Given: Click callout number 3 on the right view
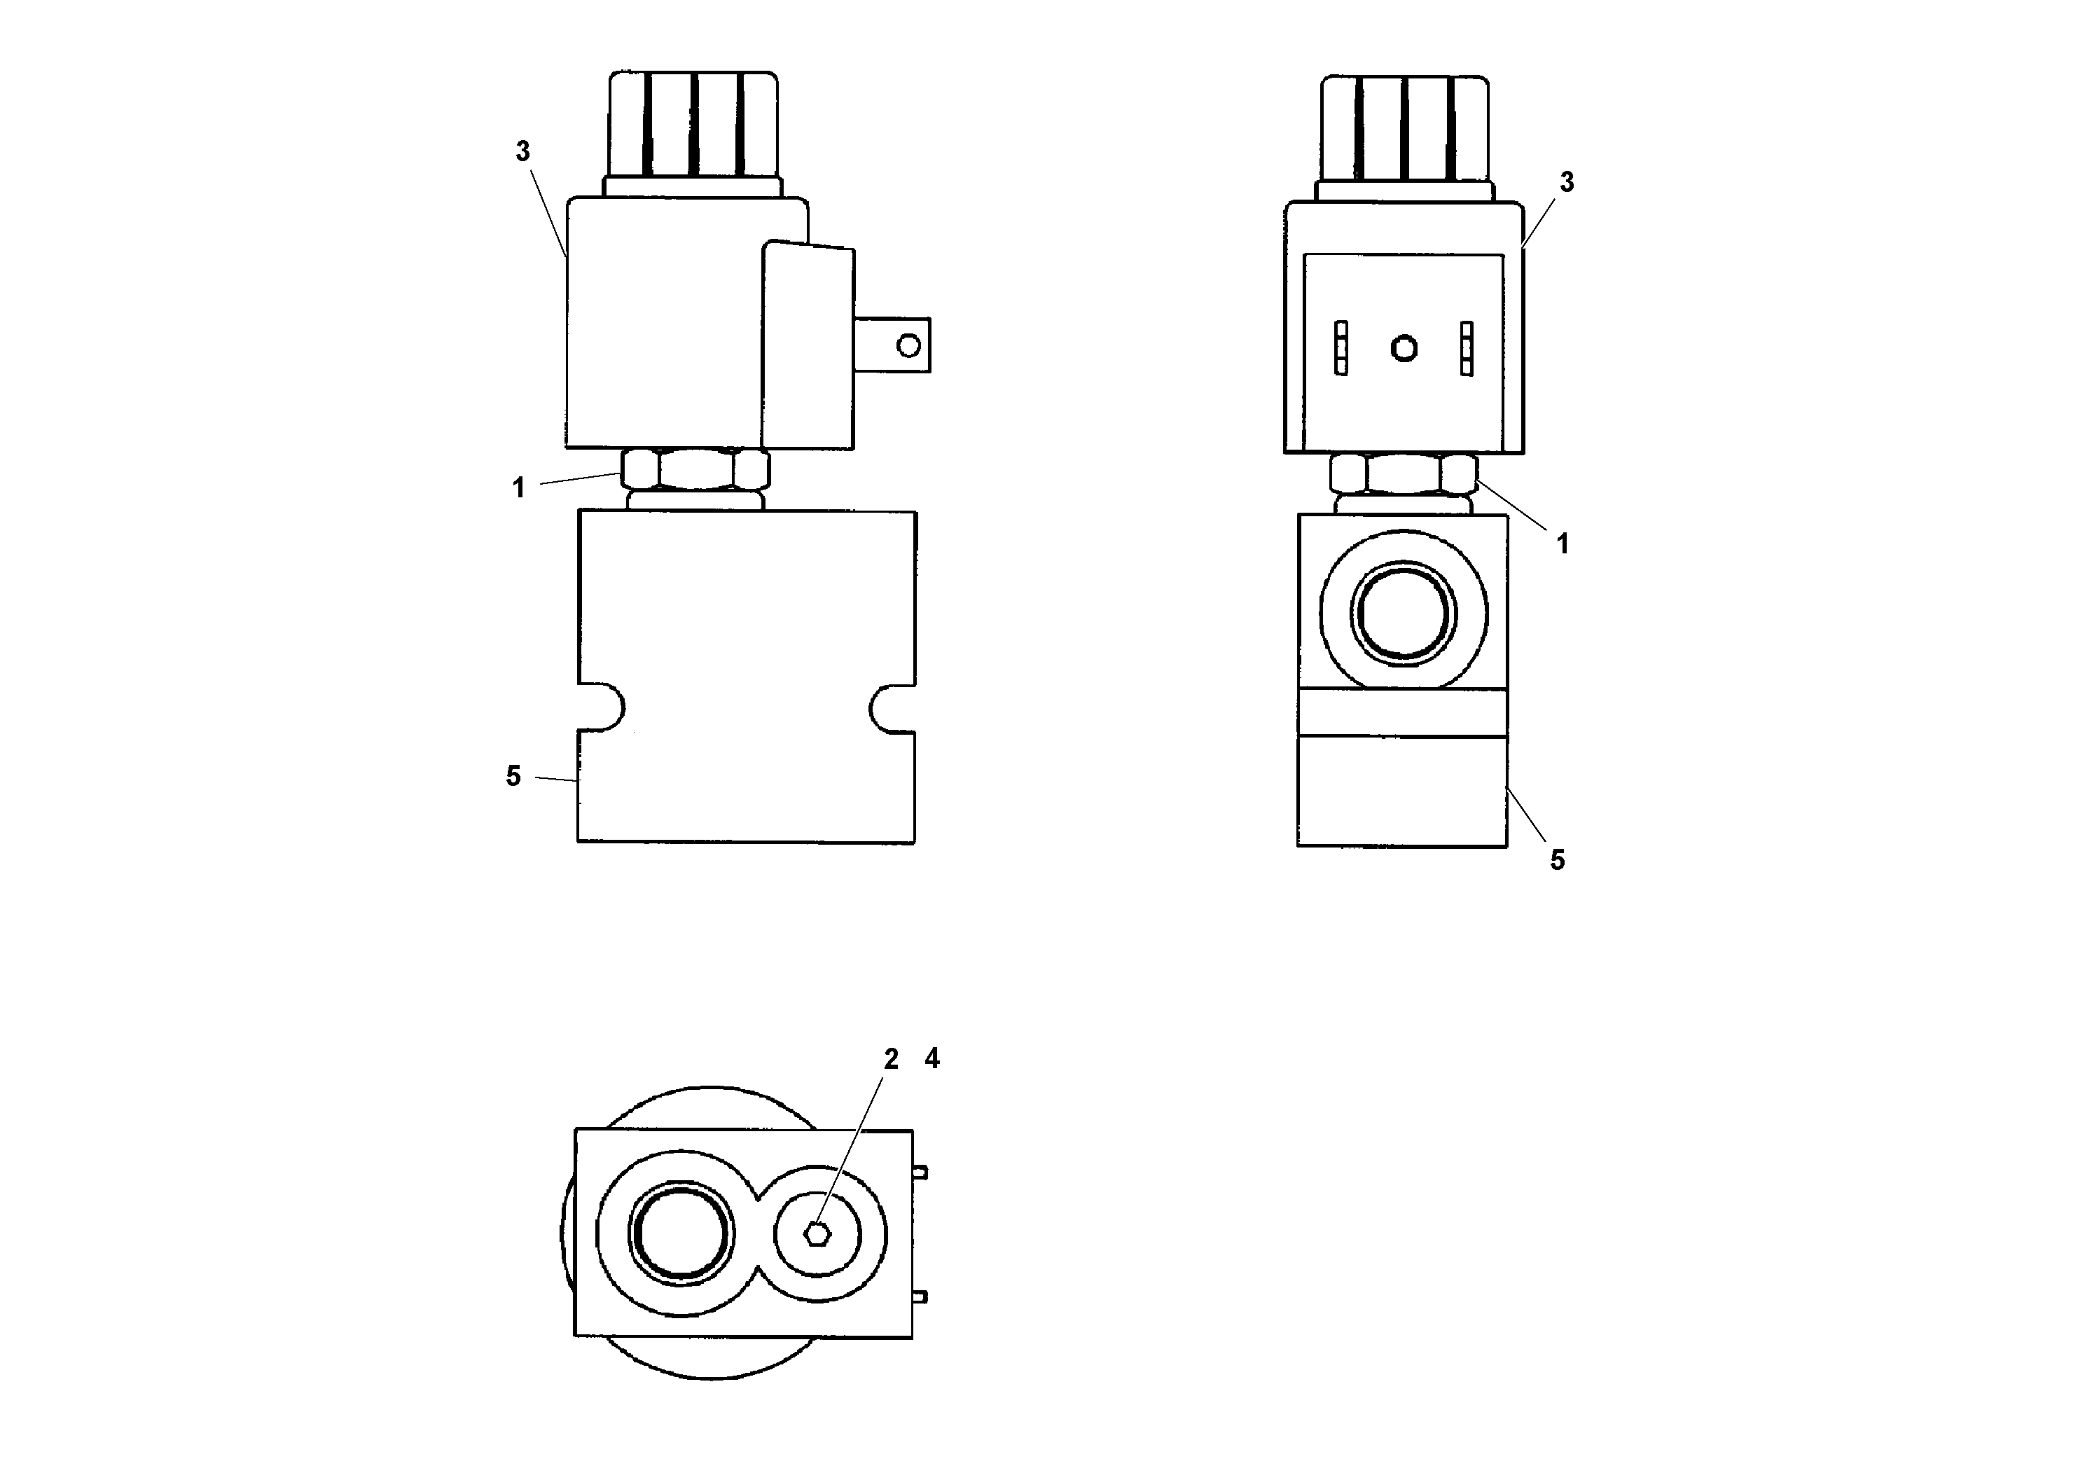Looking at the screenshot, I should click(1567, 183).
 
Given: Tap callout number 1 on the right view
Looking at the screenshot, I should click(1563, 544).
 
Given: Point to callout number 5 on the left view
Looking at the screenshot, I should click(514, 777).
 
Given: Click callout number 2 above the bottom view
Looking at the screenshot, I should click(891, 1059).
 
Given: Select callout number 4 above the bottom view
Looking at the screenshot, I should click(931, 1058).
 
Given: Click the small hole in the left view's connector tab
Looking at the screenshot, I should click(908, 345).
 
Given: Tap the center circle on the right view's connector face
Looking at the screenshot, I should click(1404, 348).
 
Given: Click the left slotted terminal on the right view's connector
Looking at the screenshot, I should click(1341, 348).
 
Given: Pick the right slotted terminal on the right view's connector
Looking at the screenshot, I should click(1467, 348).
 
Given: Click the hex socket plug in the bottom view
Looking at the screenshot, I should click(818, 1233).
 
